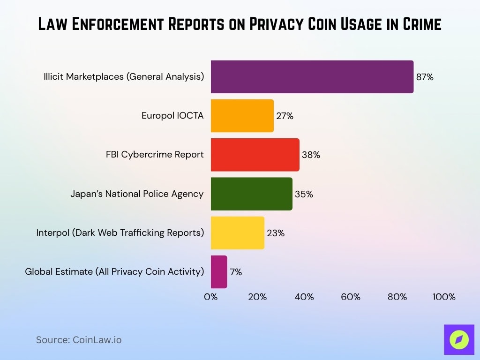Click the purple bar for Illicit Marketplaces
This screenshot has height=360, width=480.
(x=312, y=77)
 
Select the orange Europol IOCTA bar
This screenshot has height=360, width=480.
(x=242, y=116)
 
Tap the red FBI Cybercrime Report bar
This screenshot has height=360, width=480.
(x=255, y=155)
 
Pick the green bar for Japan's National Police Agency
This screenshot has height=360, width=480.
(x=251, y=194)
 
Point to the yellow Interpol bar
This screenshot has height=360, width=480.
(x=237, y=232)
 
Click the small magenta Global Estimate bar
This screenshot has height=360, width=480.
(x=219, y=272)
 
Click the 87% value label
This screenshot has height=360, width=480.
(x=425, y=77)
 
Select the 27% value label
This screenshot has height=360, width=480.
(x=285, y=116)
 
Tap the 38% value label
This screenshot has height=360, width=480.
(x=311, y=155)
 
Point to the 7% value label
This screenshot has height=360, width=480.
(x=236, y=272)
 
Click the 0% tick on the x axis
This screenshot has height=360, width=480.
(x=211, y=297)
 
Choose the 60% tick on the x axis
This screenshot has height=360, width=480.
(x=351, y=297)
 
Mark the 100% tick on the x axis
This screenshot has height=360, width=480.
(x=443, y=297)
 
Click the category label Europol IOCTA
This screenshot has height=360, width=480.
(x=172, y=116)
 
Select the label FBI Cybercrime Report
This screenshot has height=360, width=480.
(x=155, y=155)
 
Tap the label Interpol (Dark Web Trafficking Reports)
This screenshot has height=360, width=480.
(x=120, y=232)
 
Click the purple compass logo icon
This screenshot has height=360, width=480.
(x=459, y=340)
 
